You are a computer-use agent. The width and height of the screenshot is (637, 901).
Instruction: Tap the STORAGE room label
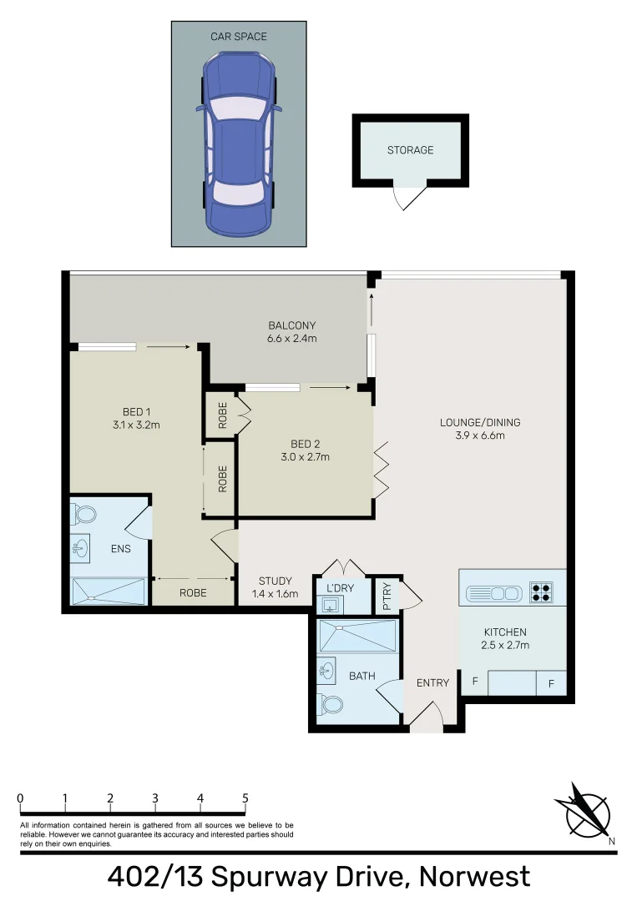(410, 150)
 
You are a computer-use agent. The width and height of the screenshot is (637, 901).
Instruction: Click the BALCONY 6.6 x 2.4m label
(292, 332)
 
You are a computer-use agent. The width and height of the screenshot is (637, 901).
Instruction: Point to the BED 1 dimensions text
(135, 425)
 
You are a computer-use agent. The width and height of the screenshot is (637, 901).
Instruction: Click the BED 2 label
(305, 444)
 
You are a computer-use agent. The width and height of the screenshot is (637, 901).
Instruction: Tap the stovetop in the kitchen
(540, 592)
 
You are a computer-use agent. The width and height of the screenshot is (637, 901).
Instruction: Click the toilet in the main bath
(331, 705)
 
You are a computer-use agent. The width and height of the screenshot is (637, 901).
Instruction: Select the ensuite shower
(109, 591)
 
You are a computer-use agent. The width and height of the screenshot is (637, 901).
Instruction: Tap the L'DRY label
(340, 588)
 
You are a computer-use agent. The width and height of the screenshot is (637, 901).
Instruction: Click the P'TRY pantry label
(387, 596)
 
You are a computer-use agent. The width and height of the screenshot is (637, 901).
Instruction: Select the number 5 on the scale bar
(245, 798)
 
